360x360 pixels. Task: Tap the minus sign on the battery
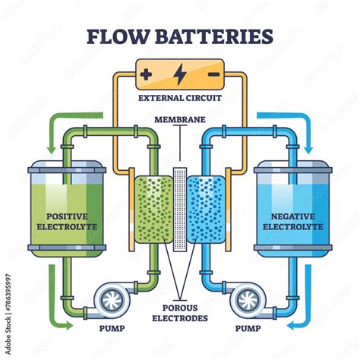coord(214,74)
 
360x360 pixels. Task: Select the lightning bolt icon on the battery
coord(180,74)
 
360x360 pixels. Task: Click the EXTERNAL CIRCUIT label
coord(180,98)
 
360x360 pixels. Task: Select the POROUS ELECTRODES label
coord(180,311)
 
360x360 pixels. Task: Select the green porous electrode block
coord(149,210)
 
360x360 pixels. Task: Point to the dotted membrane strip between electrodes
coord(180,210)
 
